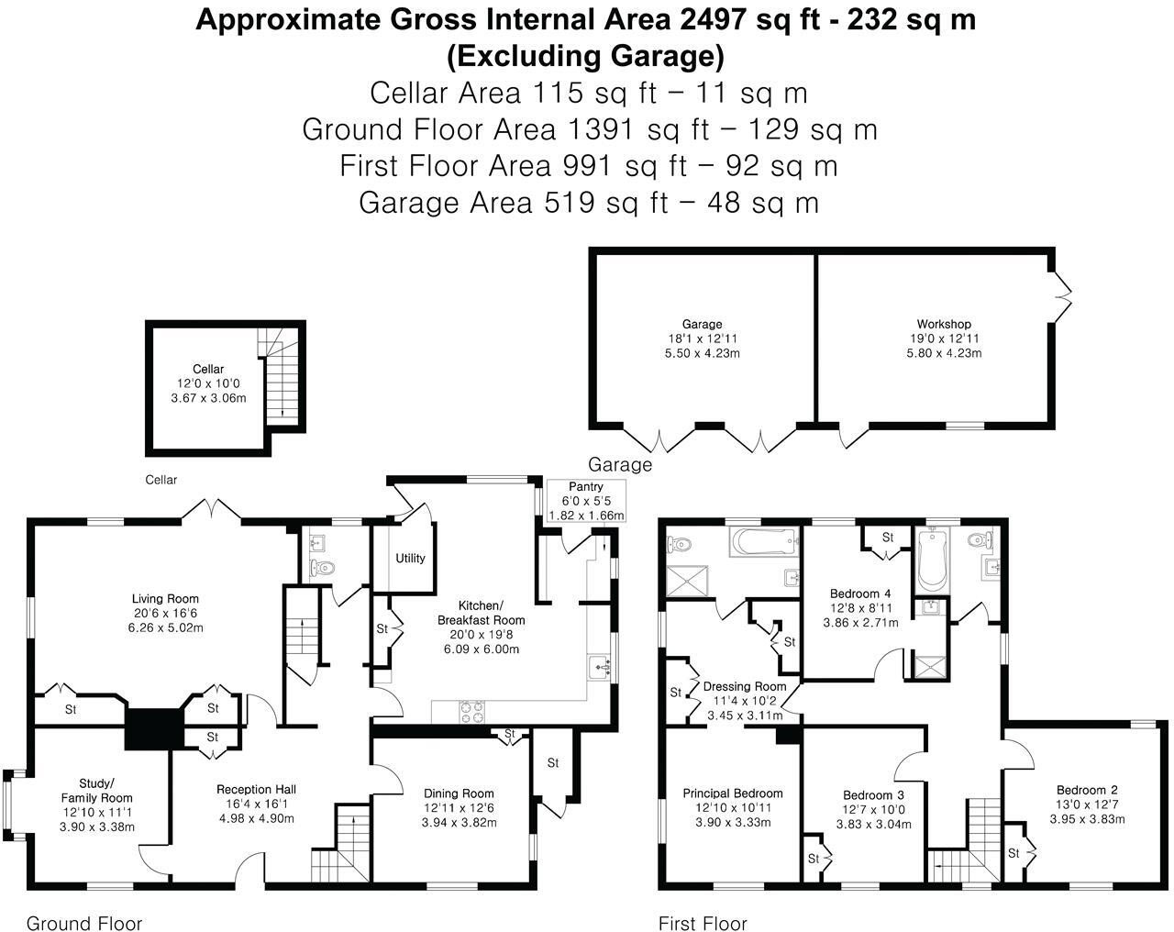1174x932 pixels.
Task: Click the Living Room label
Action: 165,599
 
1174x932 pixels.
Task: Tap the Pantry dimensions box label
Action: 585,501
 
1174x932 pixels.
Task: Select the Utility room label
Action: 410,558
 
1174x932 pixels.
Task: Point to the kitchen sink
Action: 601,665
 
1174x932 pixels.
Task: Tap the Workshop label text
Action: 943,324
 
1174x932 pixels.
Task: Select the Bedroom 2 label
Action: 1086,790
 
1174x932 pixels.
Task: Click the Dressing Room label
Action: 745,686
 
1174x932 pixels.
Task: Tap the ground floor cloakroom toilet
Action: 322,567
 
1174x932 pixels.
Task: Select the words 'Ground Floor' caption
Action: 83,923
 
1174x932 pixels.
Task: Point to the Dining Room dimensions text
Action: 459,822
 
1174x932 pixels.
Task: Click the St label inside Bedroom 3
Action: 814,859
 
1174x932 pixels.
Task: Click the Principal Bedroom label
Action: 732,793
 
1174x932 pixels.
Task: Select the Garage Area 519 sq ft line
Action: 588,202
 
